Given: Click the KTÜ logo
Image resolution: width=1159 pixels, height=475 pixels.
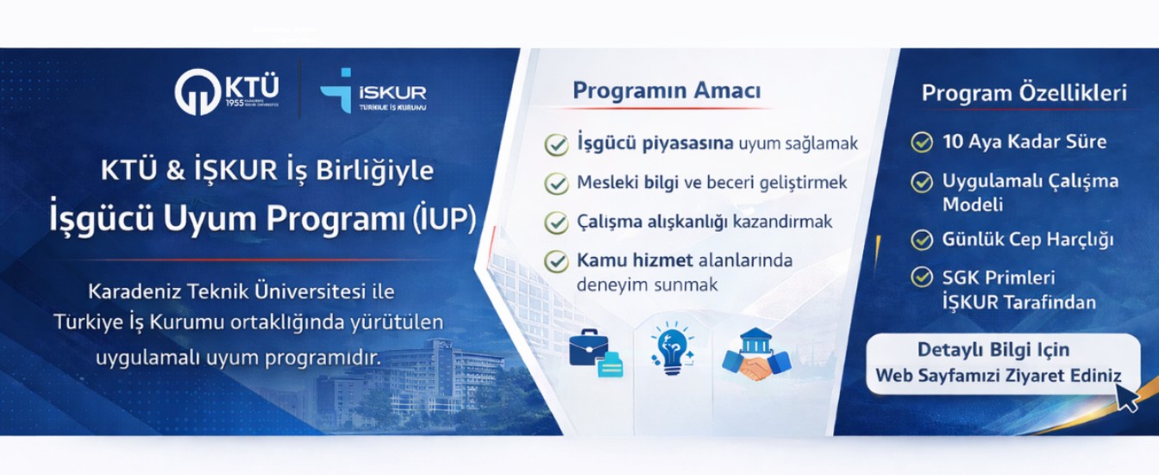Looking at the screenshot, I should click(227, 91).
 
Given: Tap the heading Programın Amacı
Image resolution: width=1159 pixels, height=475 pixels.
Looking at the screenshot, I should click(667, 91).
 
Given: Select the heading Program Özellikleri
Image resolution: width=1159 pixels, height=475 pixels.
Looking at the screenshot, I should click(1024, 93).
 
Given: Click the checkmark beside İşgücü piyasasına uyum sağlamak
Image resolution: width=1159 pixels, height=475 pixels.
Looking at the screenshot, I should click(556, 144).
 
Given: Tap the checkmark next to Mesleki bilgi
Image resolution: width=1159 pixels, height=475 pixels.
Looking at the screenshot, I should click(556, 184).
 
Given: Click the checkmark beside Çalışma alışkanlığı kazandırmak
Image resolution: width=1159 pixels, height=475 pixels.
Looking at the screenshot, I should click(556, 222).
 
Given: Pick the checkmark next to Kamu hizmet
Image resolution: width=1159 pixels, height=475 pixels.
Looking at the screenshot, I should click(556, 261).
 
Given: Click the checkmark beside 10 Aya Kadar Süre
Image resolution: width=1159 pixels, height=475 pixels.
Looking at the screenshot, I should click(922, 142).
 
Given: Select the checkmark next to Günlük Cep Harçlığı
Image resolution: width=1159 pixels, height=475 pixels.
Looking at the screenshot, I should click(922, 240).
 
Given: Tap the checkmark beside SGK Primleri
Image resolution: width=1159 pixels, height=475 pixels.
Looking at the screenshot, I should click(922, 278).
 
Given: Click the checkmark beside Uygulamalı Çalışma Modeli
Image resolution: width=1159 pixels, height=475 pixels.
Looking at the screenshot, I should click(922, 182).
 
